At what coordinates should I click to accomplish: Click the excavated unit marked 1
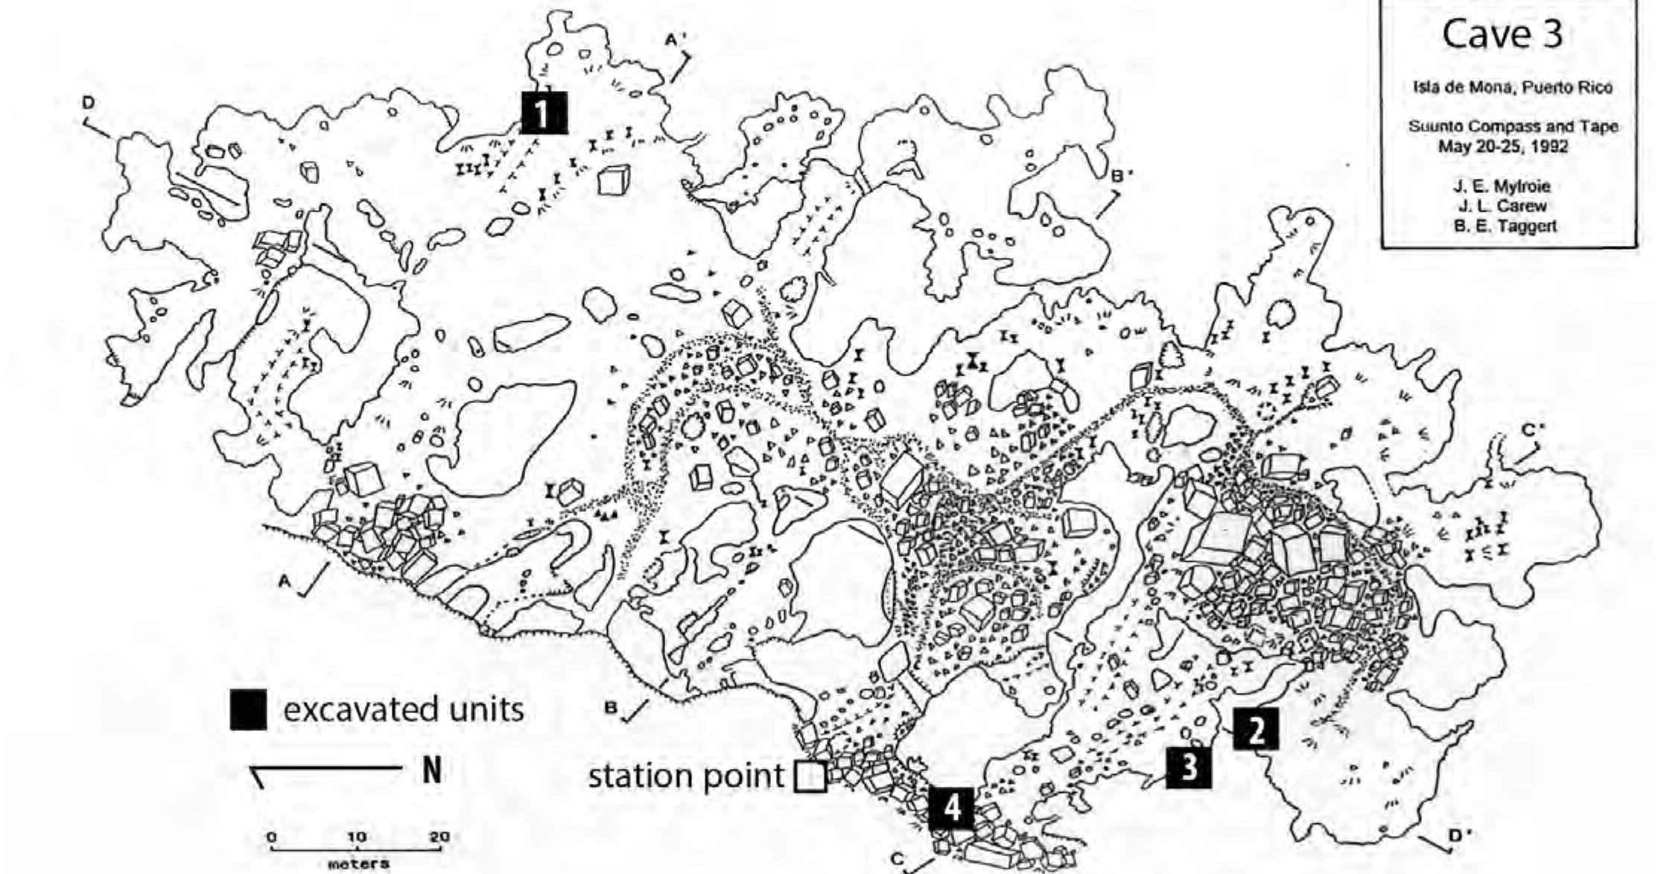tap(544, 113)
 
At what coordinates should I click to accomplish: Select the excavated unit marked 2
tap(1256, 729)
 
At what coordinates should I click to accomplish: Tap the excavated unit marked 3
tap(1188, 767)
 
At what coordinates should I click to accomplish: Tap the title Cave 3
tap(1502, 34)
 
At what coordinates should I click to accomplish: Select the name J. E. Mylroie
tap(1502, 186)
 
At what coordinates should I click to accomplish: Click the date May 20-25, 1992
tap(1502, 146)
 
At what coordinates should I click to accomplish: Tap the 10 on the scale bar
tap(357, 837)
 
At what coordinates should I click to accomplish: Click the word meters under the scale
tap(358, 864)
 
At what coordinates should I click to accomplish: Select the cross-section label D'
tap(1455, 835)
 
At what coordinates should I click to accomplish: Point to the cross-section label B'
tap(1122, 177)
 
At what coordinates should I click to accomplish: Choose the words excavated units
tap(403, 709)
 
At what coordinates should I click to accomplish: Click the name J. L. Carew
tap(1502, 206)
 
